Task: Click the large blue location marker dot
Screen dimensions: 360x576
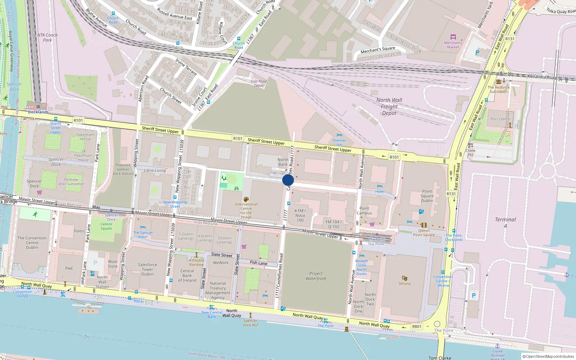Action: pos(288,180)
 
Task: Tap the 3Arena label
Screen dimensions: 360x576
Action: pos(404,284)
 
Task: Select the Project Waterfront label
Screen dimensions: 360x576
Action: pos(316,276)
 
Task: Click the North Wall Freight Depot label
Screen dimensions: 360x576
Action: pos(389,107)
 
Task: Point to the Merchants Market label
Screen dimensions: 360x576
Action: pos(453,45)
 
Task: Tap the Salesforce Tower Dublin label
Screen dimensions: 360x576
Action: pos(147,269)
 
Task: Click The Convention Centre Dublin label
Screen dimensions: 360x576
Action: pos(32,243)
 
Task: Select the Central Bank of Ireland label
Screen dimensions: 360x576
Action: pos(187,276)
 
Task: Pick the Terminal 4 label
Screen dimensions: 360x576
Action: pos(505,222)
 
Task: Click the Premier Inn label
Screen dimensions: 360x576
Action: pos(339,143)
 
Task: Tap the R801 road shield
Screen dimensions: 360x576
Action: pos(417,327)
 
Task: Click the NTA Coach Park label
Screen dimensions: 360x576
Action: pos(47,37)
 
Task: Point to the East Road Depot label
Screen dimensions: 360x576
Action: pos(258,84)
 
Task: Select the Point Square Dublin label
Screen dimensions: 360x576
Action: pos(427,196)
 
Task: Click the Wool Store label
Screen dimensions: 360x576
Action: pos(113,264)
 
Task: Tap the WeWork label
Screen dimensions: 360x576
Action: pos(221,263)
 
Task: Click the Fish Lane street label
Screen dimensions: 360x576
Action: pos(258,263)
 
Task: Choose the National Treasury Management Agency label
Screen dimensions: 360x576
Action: pos(218,291)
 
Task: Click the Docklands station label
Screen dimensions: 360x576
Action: pos(38,112)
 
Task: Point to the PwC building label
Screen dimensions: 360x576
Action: pos(69,268)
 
